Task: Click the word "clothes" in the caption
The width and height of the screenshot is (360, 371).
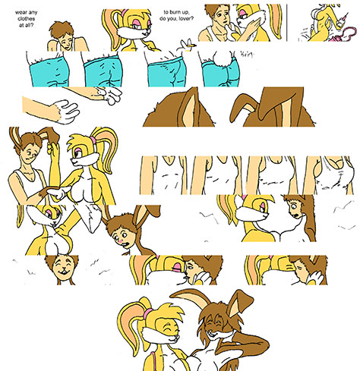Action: point(27,19)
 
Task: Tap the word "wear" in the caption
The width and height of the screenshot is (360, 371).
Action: point(20,12)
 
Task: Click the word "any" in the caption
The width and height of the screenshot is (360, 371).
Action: point(32,13)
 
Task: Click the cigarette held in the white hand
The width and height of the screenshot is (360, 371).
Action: point(191,46)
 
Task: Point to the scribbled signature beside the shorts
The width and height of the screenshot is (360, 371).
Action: point(247,54)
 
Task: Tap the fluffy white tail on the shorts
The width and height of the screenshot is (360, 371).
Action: point(223,59)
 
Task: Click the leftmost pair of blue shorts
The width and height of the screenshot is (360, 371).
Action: point(49,73)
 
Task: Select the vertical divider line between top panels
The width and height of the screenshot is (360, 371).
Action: point(287,23)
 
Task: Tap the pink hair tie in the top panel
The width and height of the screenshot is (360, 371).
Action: point(125,12)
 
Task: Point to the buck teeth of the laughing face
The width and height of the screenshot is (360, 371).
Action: point(63,272)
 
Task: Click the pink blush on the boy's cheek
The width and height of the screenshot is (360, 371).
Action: point(122,241)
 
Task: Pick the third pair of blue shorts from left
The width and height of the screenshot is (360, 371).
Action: point(166,73)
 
